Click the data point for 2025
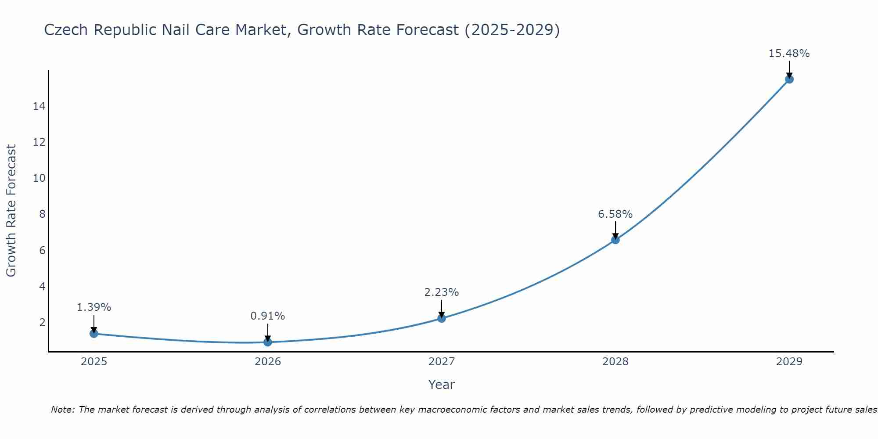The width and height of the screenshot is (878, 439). tap(94, 334)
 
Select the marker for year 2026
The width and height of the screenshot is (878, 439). tap(268, 342)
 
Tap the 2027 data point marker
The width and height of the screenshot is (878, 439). tap(442, 318)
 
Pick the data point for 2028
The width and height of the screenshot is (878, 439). tap(615, 240)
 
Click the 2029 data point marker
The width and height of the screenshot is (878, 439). tap(789, 79)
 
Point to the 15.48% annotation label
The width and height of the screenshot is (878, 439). tap(789, 54)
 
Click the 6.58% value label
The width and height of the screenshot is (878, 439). tap(615, 214)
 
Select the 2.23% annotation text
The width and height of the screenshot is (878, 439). tap(441, 292)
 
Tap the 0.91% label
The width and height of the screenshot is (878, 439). tap(267, 316)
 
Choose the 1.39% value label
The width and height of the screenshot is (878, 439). tap(94, 307)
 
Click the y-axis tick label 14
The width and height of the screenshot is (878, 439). tap(39, 106)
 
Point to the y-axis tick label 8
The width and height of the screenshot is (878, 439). tap(42, 214)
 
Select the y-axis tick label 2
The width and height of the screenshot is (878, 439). tap(42, 323)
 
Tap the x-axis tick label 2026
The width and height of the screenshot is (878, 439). tap(268, 362)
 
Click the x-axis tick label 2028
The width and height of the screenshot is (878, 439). tap(615, 362)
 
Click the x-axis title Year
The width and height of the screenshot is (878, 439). tap(441, 385)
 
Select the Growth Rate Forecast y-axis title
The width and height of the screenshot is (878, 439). tap(11, 211)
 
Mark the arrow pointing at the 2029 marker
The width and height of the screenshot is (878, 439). tap(789, 69)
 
